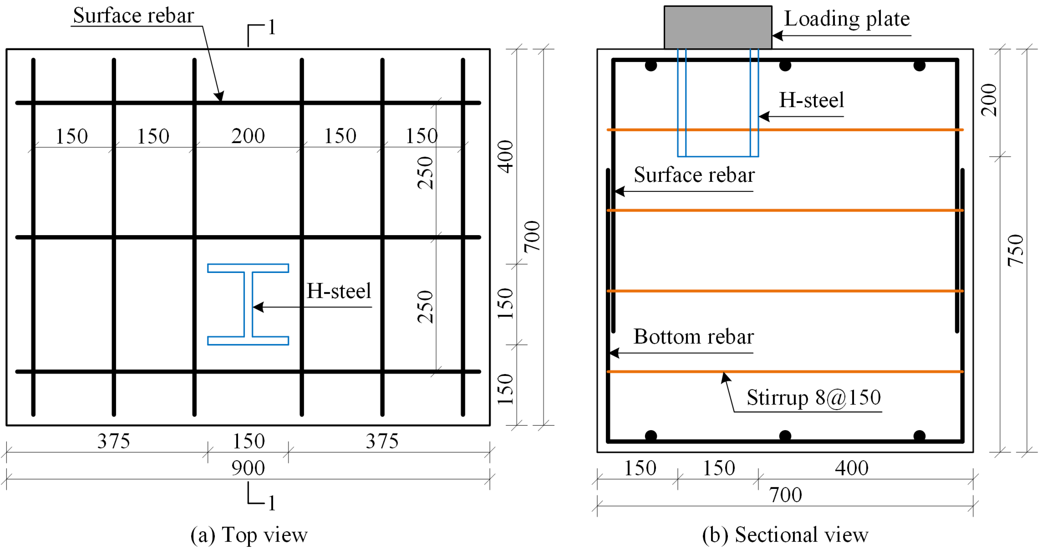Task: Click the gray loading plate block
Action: pyautogui.click(x=718, y=27)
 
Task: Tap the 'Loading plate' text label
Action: pyautogui.click(x=847, y=19)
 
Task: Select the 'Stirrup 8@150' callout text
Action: pyautogui.click(x=813, y=397)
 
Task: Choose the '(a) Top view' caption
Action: pyautogui.click(x=249, y=535)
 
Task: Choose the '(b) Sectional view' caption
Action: pyautogui.click(x=785, y=535)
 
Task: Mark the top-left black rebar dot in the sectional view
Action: pyautogui.click(x=651, y=65)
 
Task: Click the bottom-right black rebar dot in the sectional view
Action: pyautogui.click(x=919, y=436)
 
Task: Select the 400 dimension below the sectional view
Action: pyautogui.click(x=851, y=468)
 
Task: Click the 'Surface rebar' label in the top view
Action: pyautogui.click(x=133, y=16)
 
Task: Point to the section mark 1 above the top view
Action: pyautogui.click(x=272, y=27)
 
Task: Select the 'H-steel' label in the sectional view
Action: pyautogui.click(x=811, y=100)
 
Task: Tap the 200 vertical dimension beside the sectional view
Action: pyautogui.click(x=989, y=100)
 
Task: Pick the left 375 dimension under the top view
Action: pyautogui.click(x=114, y=441)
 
